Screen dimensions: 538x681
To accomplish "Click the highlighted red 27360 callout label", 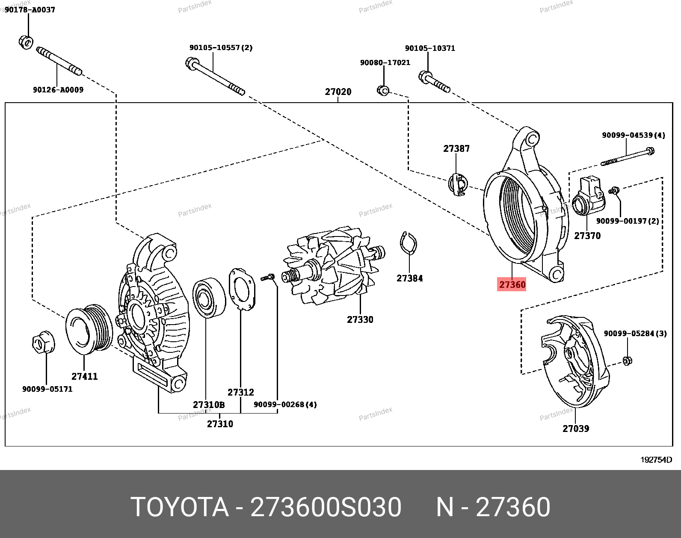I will click(512, 284).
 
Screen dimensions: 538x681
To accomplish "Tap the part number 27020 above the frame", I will click(338, 92).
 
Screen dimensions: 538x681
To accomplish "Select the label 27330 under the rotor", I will click(360, 319).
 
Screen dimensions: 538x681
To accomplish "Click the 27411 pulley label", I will click(84, 376).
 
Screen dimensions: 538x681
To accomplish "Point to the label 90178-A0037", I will click(30, 9).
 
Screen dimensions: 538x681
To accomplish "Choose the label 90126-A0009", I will click(58, 90).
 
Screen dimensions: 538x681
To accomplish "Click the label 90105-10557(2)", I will click(221, 47).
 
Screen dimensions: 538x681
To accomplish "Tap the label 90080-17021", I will click(385, 62).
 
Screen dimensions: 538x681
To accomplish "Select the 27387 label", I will click(456, 149).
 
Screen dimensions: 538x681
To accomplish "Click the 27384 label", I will click(409, 278).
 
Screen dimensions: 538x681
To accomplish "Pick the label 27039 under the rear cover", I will click(575, 428).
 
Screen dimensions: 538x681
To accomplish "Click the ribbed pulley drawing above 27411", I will click(89, 329).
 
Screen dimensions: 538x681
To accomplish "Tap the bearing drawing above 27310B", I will click(209, 298).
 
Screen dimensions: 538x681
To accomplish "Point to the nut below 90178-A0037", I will click(26, 42).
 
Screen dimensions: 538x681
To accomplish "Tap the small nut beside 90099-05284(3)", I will click(627, 361).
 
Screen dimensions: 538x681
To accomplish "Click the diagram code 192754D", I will click(656, 460).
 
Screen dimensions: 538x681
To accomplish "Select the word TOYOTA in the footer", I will click(179, 508).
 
